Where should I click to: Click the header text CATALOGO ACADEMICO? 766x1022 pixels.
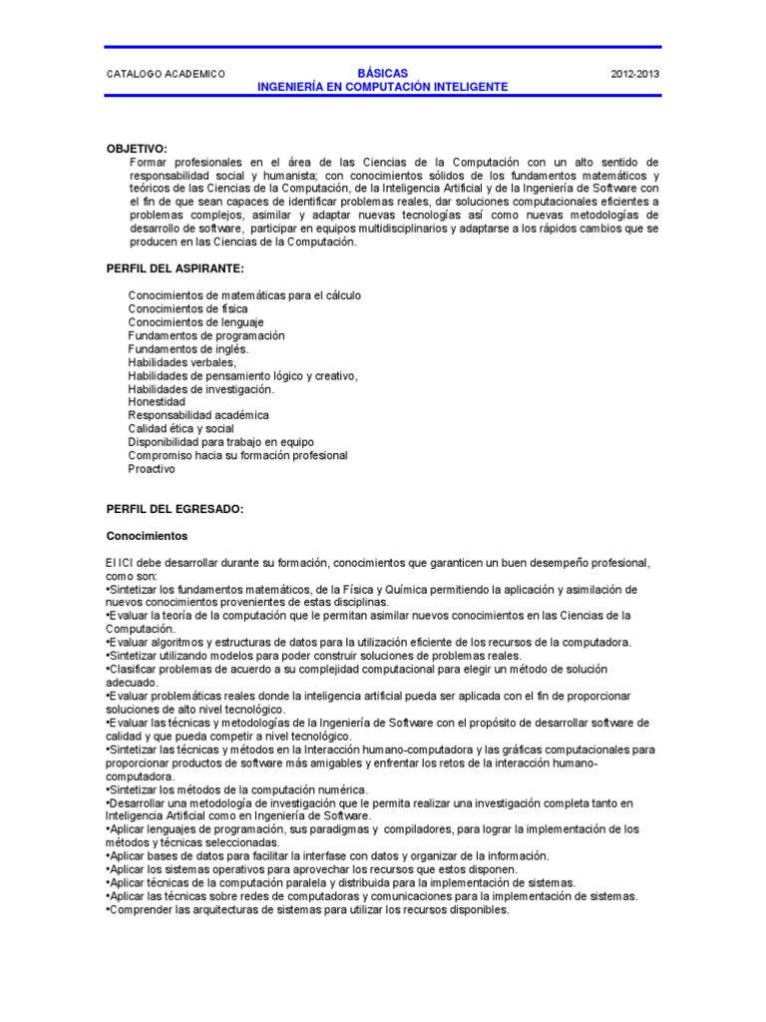[166, 74]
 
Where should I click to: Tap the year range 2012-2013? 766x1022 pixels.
[634, 74]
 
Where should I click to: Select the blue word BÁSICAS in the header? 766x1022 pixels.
[382, 73]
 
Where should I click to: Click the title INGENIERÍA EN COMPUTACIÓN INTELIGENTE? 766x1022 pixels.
[383, 87]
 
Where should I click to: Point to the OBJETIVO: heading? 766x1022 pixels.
[138, 148]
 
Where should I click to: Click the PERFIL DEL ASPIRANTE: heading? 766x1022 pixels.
[175, 269]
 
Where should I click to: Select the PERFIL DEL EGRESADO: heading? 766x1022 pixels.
[175, 508]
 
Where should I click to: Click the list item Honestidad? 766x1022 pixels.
[157, 402]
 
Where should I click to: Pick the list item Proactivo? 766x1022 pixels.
[152, 468]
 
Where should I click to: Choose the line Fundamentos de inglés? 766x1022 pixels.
[189, 349]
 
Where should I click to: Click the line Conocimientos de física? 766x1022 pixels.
[189, 309]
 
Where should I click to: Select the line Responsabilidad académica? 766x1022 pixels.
[198, 415]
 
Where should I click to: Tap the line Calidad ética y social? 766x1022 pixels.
[182, 428]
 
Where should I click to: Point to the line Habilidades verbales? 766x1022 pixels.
[183, 362]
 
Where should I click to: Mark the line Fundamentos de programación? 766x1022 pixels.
[206, 336]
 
